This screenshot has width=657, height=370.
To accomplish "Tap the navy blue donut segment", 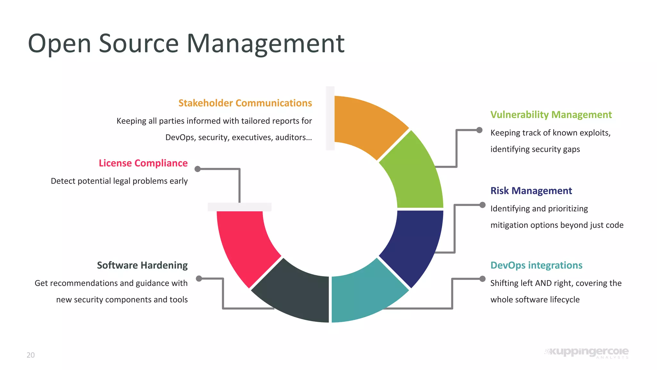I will (x=414, y=244).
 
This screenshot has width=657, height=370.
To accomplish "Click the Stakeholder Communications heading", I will (x=245, y=103).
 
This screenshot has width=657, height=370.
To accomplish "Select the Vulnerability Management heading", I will (x=551, y=115).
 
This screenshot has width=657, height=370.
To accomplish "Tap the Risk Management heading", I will (x=531, y=191).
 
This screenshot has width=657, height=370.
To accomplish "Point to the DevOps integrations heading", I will (x=536, y=265).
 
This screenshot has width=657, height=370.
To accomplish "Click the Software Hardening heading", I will (x=142, y=265).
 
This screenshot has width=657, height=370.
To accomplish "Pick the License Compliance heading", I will (x=143, y=163).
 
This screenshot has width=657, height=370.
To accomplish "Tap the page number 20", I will (x=30, y=355).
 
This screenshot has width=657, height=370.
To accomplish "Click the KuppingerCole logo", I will (x=587, y=352).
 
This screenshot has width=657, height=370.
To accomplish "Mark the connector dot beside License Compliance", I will (x=198, y=169).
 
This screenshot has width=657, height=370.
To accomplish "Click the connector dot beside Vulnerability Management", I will (x=479, y=130).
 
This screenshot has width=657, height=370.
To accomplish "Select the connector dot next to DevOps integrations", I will (x=482, y=279).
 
